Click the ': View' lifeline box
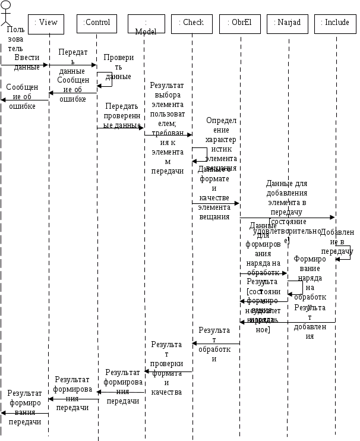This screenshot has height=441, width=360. point(46,23)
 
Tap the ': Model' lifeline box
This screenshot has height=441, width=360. point(146,24)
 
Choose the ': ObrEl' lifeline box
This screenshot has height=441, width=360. point(241,23)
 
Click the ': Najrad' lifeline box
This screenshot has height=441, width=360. point(288,23)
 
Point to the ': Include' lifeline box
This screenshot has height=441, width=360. point(336,23)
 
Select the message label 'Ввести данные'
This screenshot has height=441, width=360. point(27,62)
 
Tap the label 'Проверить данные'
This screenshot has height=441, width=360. point(118,67)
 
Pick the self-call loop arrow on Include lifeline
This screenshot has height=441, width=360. point(345,253)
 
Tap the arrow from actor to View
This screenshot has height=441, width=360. point(24,65)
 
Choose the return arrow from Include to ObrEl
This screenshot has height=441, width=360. point(288,322)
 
